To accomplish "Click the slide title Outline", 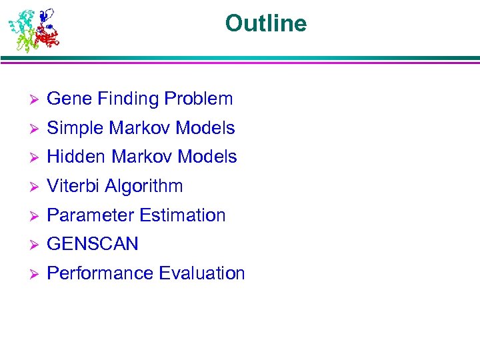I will [x=266, y=24].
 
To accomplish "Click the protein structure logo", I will [x=33, y=30].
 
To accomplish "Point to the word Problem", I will [x=199, y=99].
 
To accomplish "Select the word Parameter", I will [x=89, y=215].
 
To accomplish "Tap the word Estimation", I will [x=181, y=215].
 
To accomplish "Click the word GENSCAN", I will [x=93, y=244].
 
